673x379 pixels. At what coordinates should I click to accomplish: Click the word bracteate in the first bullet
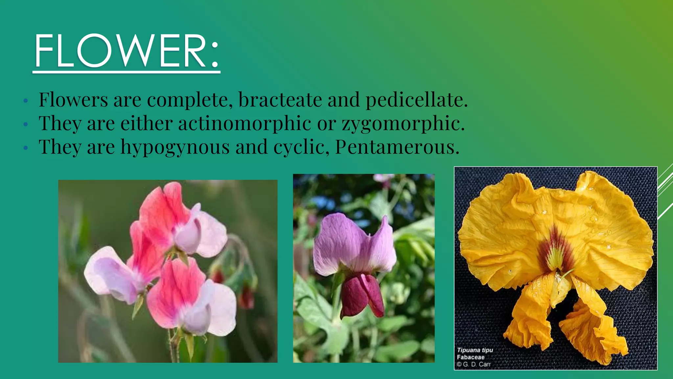[x=280, y=100]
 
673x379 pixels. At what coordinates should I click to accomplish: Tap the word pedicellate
[x=416, y=100]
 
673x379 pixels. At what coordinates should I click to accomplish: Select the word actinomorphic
[x=244, y=124]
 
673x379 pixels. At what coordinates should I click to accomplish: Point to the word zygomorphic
[x=403, y=124]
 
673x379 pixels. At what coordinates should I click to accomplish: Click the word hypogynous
[x=175, y=147]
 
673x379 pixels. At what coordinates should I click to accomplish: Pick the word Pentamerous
[x=397, y=147]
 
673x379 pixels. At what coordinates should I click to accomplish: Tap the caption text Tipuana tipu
[x=475, y=350]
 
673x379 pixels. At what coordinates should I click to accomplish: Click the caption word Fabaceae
[x=471, y=357]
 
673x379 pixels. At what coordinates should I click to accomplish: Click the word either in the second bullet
[x=146, y=124]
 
